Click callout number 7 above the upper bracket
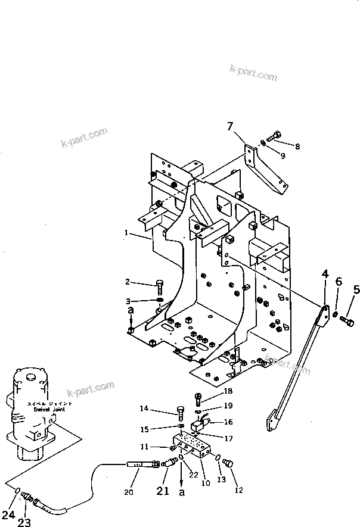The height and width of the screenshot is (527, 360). point(229,126)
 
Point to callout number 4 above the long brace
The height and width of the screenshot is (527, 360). point(325,275)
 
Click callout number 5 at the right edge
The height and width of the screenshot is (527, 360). point(356,290)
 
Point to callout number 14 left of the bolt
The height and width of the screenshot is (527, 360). point(161,408)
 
